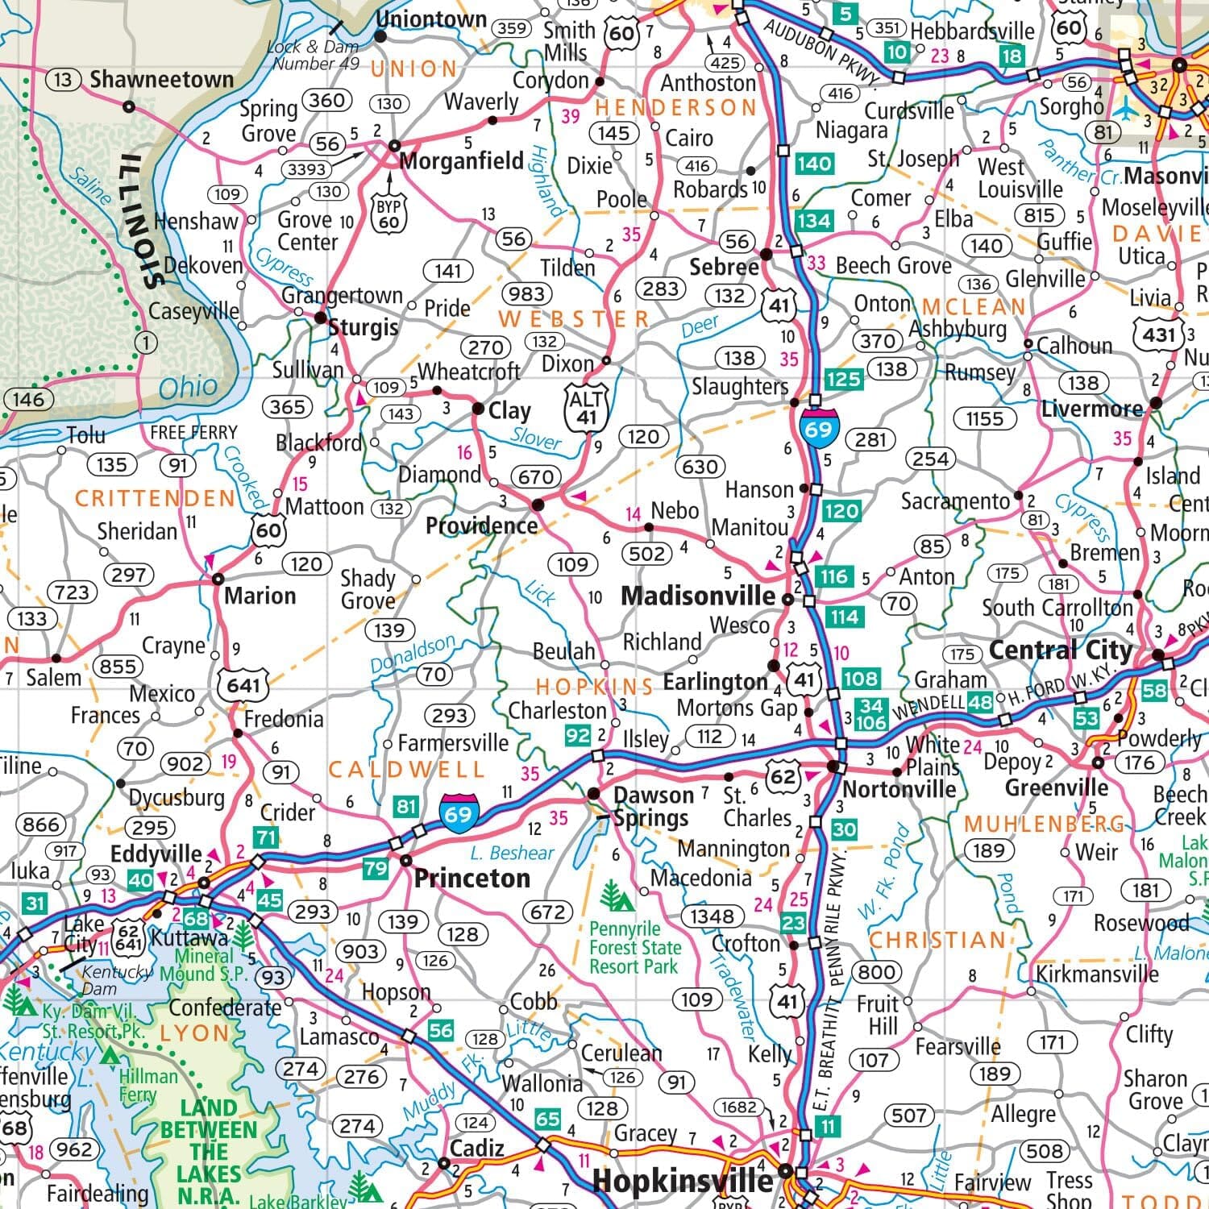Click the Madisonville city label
698,596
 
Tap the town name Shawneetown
161,79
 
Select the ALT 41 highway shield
586,407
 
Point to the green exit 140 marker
814,164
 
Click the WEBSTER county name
573,319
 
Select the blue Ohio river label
188,388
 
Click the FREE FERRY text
193,433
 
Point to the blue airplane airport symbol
1126,106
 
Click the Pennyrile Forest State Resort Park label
635,947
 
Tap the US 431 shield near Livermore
1159,334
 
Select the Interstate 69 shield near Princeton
458,812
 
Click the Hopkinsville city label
683,1182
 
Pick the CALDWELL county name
406,770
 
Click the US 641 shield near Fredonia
243,685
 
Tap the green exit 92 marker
577,735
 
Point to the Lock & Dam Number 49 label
315,55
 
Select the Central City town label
1060,650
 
